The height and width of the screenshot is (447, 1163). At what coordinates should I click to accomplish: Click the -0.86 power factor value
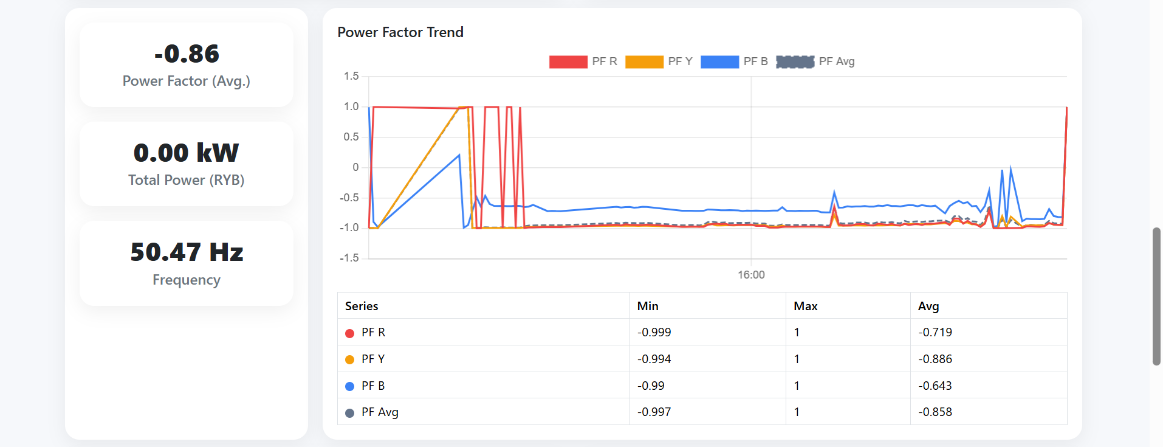pyautogui.click(x=187, y=54)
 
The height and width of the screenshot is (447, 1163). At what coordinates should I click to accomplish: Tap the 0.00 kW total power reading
pyautogui.click(x=187, y=153)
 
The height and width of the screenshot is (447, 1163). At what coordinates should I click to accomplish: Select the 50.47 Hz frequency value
pyautogui.click(x=187, y=252)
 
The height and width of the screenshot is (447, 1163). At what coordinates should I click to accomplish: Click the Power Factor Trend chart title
pyautogui.click(x=400, y=32)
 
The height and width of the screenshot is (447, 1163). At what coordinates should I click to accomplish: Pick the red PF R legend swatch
pyautogui.click(x=568, y=61)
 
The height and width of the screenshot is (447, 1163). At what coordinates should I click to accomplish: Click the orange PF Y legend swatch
pyautogui.click(x=644, y=61)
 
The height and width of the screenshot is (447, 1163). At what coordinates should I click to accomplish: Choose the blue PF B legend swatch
pyautogui.click(x=719, y=61)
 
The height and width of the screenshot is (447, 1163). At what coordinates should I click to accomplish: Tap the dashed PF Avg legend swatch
pyautogui.click(x=795, y=61)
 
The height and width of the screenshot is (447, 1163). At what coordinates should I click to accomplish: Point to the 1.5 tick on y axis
pyautogui.click(x=351, y=76)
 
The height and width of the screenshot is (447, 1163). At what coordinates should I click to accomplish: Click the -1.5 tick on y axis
pyautogui.click(x=349, y=258)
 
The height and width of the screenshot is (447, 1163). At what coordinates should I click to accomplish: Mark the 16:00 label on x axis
pyautogui.click(x=751, y=275)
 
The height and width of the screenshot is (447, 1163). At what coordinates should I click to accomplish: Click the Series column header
pyautogui.click(x=362, y=306)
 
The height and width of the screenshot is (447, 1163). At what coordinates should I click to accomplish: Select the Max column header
pyautogui.click(x=805, y=306)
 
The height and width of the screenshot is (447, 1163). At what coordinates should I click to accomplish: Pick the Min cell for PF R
pyautogui.click(x=654, y=333)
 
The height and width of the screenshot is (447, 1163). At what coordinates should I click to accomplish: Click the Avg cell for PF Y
pyautogui.click(x=935, y=359)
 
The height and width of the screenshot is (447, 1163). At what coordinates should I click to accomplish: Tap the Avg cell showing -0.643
pyautogui.click(x=935, y=386)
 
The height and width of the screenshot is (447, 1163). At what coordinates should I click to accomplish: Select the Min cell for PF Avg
pyautogui.click(x=654, y=412)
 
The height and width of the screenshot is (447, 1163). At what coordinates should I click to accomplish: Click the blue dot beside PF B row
pyautogui.click(x=349, y=386)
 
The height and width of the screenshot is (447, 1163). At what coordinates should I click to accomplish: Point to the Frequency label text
pyautogui.click(x=187, y=280)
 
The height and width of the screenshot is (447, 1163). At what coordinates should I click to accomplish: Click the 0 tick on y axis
pyautogui.click(x=355, y=167)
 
